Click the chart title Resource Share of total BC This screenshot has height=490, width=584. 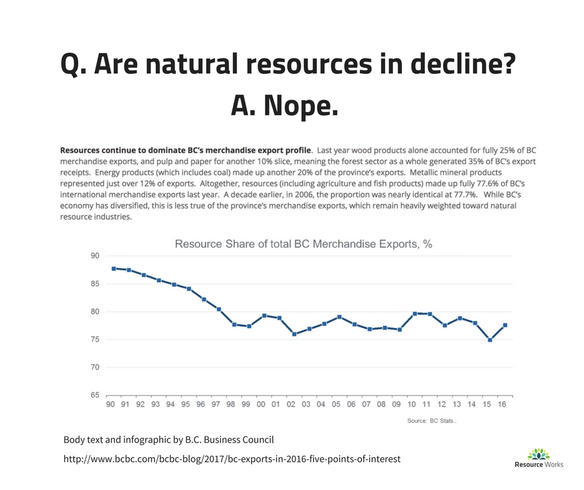304,244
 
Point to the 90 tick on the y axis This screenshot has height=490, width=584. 94,256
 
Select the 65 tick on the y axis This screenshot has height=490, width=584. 94,395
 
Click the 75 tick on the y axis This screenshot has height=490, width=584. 94,340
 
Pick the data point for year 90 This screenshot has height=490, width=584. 114,269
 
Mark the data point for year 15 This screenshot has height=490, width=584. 490,340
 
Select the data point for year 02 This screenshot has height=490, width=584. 294,334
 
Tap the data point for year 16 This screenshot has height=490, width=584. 505,325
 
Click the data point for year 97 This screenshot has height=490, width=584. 219,309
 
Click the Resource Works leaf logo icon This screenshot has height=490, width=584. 539,454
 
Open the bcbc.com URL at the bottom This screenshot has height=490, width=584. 232,459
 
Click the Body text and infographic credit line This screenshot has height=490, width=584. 168,440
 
